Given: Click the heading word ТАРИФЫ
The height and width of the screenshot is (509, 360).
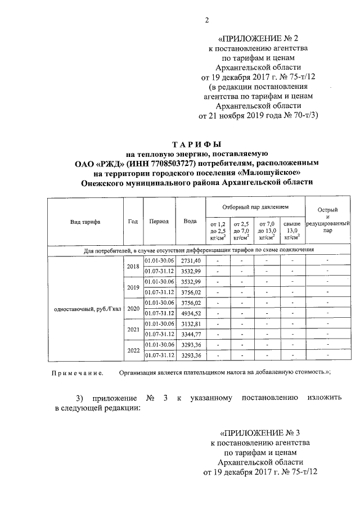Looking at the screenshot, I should point(196,145).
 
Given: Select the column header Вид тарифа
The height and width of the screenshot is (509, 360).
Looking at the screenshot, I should point(85,222).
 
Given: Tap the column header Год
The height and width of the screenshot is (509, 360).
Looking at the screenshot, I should point(133,222).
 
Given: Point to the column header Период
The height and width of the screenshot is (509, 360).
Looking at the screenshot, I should point(159,222).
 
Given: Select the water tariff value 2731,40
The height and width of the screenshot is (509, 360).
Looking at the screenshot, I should point(190,261).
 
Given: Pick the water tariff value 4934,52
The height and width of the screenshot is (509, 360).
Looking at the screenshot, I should point(190,313).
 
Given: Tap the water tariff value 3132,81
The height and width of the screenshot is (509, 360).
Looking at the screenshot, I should point(190,324).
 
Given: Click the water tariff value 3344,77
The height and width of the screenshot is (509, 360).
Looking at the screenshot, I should point(190,335).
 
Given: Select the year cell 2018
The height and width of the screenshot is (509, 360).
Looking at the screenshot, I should point(133,267).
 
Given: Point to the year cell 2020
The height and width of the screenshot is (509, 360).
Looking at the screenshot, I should point(133,309).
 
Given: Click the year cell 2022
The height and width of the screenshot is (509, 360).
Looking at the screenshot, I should point(133,351).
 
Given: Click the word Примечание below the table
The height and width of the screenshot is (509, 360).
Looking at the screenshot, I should point(77,372).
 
